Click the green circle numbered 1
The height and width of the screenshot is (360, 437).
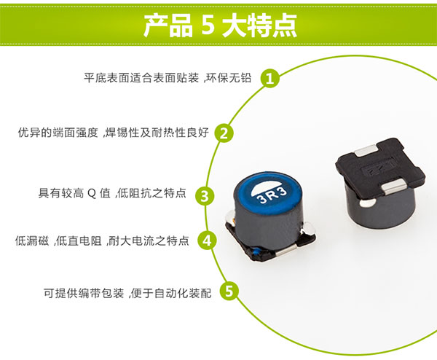(270, 78)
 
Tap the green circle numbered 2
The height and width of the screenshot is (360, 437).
(225, 133)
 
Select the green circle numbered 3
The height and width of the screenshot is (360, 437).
(205, 195)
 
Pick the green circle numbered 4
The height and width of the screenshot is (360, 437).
(207, 240)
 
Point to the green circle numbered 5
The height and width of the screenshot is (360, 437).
(230, 293)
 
